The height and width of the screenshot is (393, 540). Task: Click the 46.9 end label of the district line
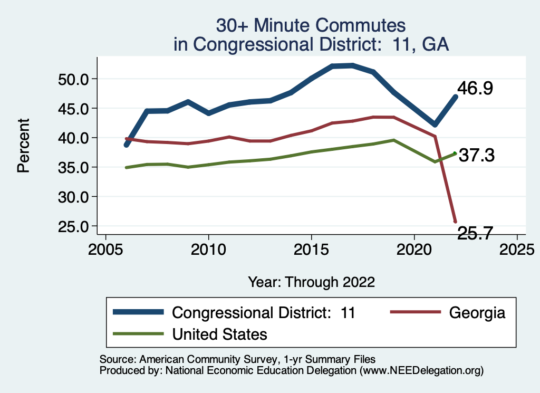tap(475, 88)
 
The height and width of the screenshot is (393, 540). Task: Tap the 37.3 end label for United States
tap(476, 155)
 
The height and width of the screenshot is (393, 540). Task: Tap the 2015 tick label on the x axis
tap(311, 248)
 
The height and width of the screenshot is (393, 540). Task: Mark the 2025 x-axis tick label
tap(517, 248)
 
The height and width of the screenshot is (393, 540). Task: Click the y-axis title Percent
tap(23, 152)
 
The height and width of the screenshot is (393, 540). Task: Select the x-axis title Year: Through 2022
tap(311, 282)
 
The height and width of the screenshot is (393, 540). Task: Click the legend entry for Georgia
tap(477, 312)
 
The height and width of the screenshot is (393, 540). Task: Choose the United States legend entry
tap(220, 334)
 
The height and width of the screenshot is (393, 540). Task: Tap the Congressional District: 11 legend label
tap(264, 312)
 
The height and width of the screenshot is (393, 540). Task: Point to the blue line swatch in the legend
tap(139, 312)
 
